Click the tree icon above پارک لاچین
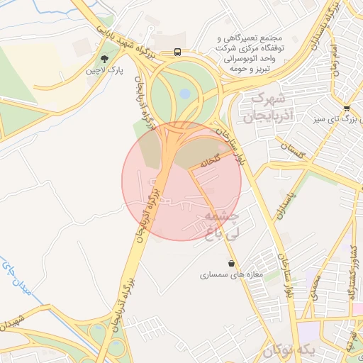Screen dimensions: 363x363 pos(105,60)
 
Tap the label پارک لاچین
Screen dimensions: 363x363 pos(101,71)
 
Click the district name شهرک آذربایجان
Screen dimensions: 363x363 pos(263,106)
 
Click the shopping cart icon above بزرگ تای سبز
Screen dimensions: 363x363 pos(346,108)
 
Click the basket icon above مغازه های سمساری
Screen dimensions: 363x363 pos(232,263)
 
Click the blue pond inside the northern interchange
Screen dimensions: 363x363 pos(184,93)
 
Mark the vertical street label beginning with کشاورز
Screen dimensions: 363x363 pos(351,273)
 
